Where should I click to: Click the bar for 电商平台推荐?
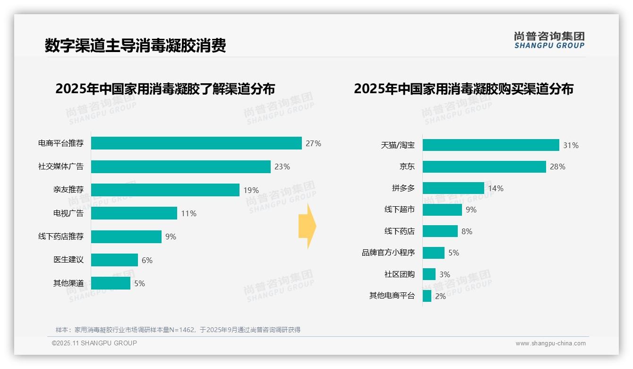[196, 143]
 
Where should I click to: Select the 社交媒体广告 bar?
[180, 167]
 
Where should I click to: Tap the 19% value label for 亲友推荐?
[251, 190]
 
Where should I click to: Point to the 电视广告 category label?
[68, 213]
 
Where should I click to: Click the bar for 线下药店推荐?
[126, 237]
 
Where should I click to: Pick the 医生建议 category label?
[68, 260]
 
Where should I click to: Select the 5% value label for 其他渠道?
[139, 283]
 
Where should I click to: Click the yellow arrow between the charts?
[308, 227]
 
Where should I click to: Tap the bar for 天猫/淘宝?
[491, 145]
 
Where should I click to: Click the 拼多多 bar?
[453, 188]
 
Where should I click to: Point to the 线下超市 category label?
[399, 210]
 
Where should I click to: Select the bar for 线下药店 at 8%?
[440, 231]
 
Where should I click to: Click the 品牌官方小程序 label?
[388, 253]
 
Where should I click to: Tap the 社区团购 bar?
[429, 274]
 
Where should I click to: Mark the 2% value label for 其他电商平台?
[440, 296]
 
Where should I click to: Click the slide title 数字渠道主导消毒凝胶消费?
[135, 45]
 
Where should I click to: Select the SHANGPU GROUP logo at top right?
[549, 40]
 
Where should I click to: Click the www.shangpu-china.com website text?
[550, 343]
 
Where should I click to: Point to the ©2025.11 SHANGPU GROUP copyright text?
[94, 343]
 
